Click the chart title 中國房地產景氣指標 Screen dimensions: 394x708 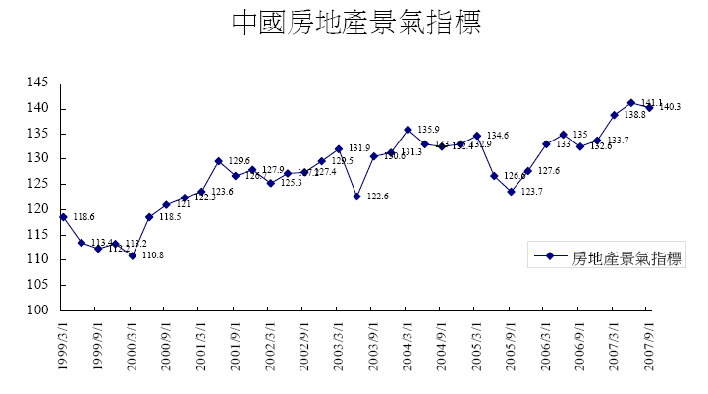pos(355,24)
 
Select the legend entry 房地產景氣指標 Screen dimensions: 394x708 pos(626,257)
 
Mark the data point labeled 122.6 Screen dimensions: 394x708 pos(355,196)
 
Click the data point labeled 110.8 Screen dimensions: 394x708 pos(132,255)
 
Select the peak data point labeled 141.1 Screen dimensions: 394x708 pos(630,102)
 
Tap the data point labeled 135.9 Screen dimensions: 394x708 pos(408,129)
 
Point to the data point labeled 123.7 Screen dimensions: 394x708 pos(511,191)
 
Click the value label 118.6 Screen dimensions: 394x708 pos(84,217)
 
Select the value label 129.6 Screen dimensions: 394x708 pos(240,161)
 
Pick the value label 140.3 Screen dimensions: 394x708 pos(671,107)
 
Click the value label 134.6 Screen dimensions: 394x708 pos(498,136)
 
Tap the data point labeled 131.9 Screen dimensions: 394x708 pos(338,149)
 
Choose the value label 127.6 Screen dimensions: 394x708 pos(549,171)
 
